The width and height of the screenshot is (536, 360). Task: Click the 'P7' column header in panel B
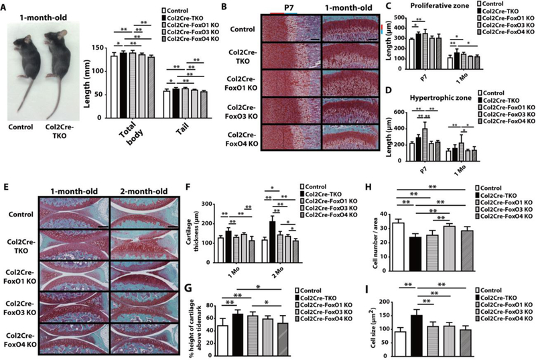[290, 7]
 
